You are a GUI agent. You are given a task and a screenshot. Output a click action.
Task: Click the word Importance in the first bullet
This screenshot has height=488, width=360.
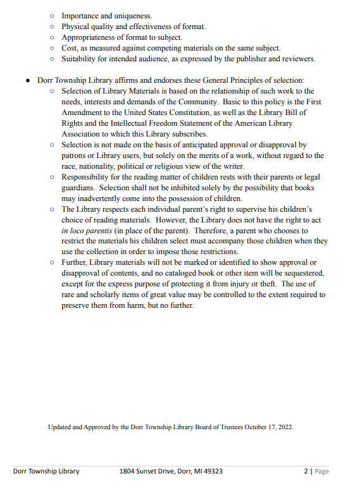point(81,15)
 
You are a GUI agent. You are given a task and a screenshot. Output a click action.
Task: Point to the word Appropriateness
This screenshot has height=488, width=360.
point(90,37)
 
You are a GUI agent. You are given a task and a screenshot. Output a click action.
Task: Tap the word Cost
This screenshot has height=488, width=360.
point(69,48)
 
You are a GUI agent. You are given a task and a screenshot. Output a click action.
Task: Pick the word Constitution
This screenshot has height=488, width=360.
point(185,113)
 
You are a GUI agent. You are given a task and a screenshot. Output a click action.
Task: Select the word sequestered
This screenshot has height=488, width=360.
point(301,273)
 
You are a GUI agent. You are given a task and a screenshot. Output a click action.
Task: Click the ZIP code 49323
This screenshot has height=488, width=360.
point(211,472)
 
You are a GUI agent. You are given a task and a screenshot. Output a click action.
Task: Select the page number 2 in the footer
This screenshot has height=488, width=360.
point(306,472)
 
